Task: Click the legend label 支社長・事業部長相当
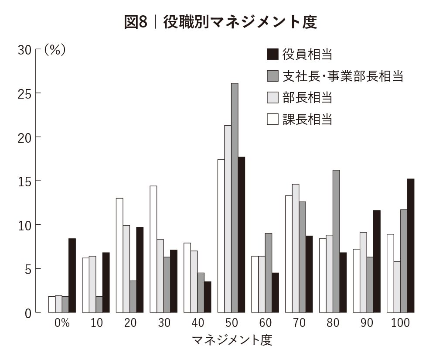click(x=342, y=76)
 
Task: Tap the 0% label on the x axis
click(x=62, y=324)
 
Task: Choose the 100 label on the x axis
click(x=400, y=324)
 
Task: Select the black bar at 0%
click(x=72, y=275)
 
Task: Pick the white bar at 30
click(x=153, y=249)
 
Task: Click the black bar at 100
click(x=410, y=246)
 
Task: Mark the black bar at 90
click(x=377, y=261)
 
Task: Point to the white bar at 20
click(x=119, y=255)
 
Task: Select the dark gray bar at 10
click(x=99, y=305)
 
